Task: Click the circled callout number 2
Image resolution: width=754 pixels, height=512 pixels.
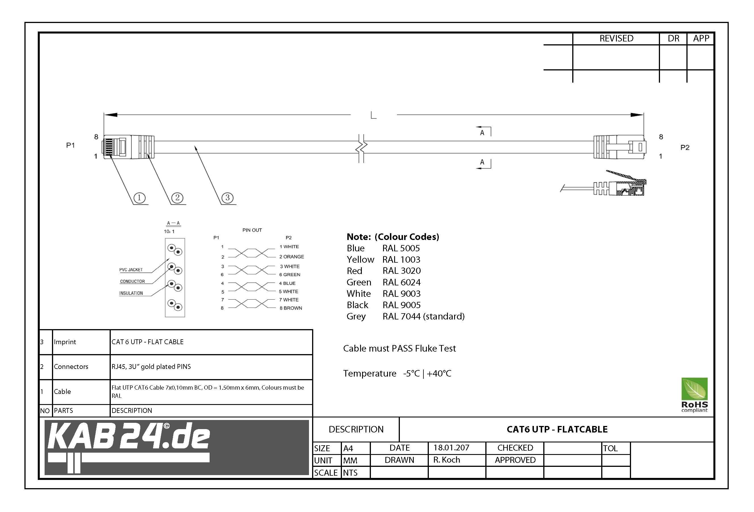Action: pos(177,198)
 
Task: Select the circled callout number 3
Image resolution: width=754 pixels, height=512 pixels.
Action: pos(227,198)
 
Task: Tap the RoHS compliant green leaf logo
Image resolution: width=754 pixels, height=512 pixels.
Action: pos(694,394)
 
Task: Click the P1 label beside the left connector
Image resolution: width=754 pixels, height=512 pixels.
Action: pos(70,145)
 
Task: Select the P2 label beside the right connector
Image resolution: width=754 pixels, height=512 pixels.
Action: pos(685,147)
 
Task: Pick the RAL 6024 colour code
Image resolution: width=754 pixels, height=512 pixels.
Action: pos(401,282)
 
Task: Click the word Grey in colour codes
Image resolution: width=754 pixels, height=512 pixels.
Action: pos(356,316)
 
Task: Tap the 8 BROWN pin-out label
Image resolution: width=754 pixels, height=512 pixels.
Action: pos(291,308)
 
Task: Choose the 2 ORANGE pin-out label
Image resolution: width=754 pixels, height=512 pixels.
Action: pos(292,257)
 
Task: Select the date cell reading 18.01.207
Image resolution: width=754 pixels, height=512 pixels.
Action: pos(451,448)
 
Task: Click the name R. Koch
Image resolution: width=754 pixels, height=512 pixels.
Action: pos(446,460)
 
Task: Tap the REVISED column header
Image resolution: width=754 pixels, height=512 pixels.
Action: pos(616,38)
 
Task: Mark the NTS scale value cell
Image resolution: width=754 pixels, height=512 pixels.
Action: pos(350,473)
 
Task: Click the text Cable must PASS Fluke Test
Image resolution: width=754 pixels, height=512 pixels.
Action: pos(399,348)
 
